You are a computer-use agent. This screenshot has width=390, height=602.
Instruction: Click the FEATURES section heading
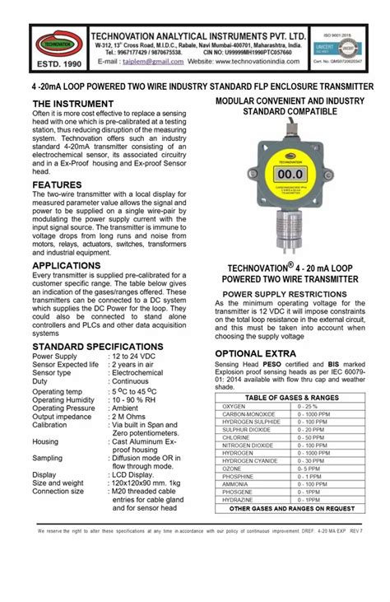tap(57, 185)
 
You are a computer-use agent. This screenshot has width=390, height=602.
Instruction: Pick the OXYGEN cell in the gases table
tap(234, 407)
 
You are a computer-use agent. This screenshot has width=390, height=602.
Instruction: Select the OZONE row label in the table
tap(234, 469)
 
